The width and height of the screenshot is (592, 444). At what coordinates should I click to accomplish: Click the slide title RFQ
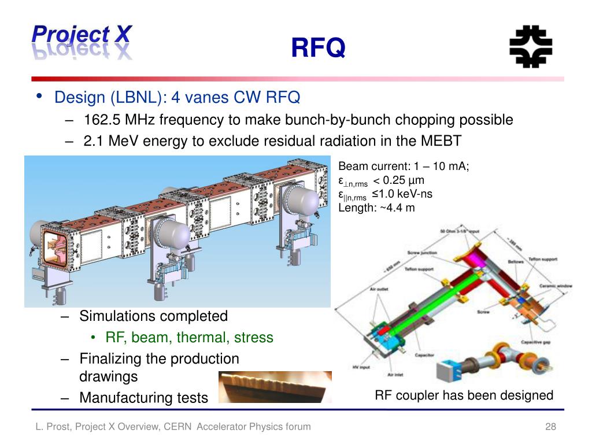[317, 49]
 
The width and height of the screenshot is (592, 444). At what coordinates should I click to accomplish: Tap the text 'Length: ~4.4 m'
[376, 208]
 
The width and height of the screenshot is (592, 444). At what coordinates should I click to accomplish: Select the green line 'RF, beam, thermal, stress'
[189, 338]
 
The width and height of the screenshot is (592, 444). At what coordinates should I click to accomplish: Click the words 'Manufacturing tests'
[143, 398]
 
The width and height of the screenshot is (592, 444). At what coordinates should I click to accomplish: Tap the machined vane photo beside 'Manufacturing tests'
[275, 387]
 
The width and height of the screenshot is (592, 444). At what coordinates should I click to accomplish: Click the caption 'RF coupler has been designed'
[464, 395]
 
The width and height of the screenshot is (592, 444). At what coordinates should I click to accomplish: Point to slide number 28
[550, 427]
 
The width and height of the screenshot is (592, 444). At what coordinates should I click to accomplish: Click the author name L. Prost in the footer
[49, 427]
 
